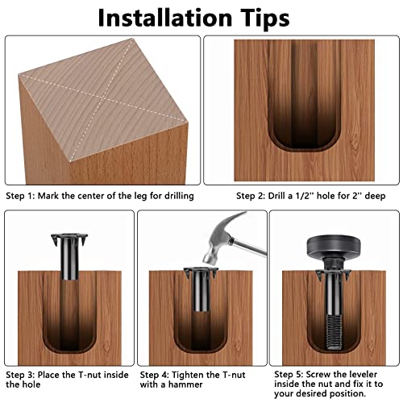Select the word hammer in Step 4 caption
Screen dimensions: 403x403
point(190,388)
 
